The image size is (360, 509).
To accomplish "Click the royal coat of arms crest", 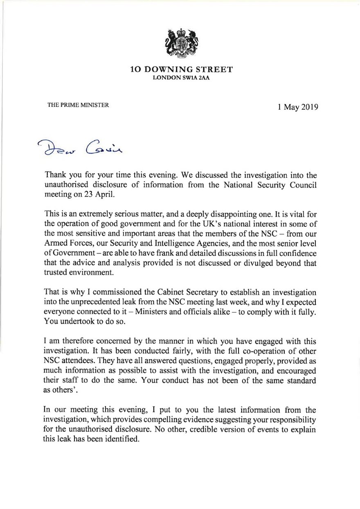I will (x=180, y=43).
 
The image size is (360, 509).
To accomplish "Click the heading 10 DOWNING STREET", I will (x=181, y=70).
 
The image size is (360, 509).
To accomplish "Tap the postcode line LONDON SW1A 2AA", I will (x=181, y=79).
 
